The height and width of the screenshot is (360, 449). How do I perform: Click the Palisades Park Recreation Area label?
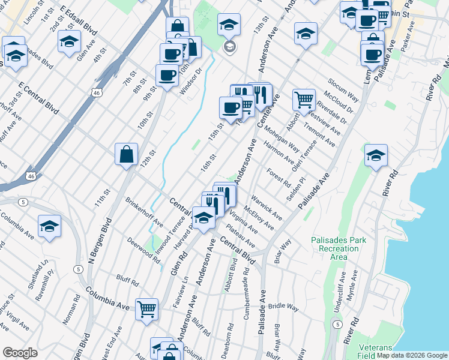click(x=339, y=248)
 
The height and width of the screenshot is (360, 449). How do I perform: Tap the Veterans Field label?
click(x=376, y=352)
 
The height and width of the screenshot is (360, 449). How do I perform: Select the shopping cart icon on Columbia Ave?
click(x=146, y=310)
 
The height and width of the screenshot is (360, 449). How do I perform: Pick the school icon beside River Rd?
click(x=376, y=156)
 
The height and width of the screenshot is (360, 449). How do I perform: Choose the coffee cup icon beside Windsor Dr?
click(x=167, y=75)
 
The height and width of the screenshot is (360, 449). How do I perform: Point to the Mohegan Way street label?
click(x=282, y=138)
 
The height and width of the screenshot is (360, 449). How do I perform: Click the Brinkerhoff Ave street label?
click(x=144, y=212)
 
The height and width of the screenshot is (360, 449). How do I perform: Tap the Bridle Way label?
click(x=283, y=307)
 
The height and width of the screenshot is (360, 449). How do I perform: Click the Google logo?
click(x=20, y=353)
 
